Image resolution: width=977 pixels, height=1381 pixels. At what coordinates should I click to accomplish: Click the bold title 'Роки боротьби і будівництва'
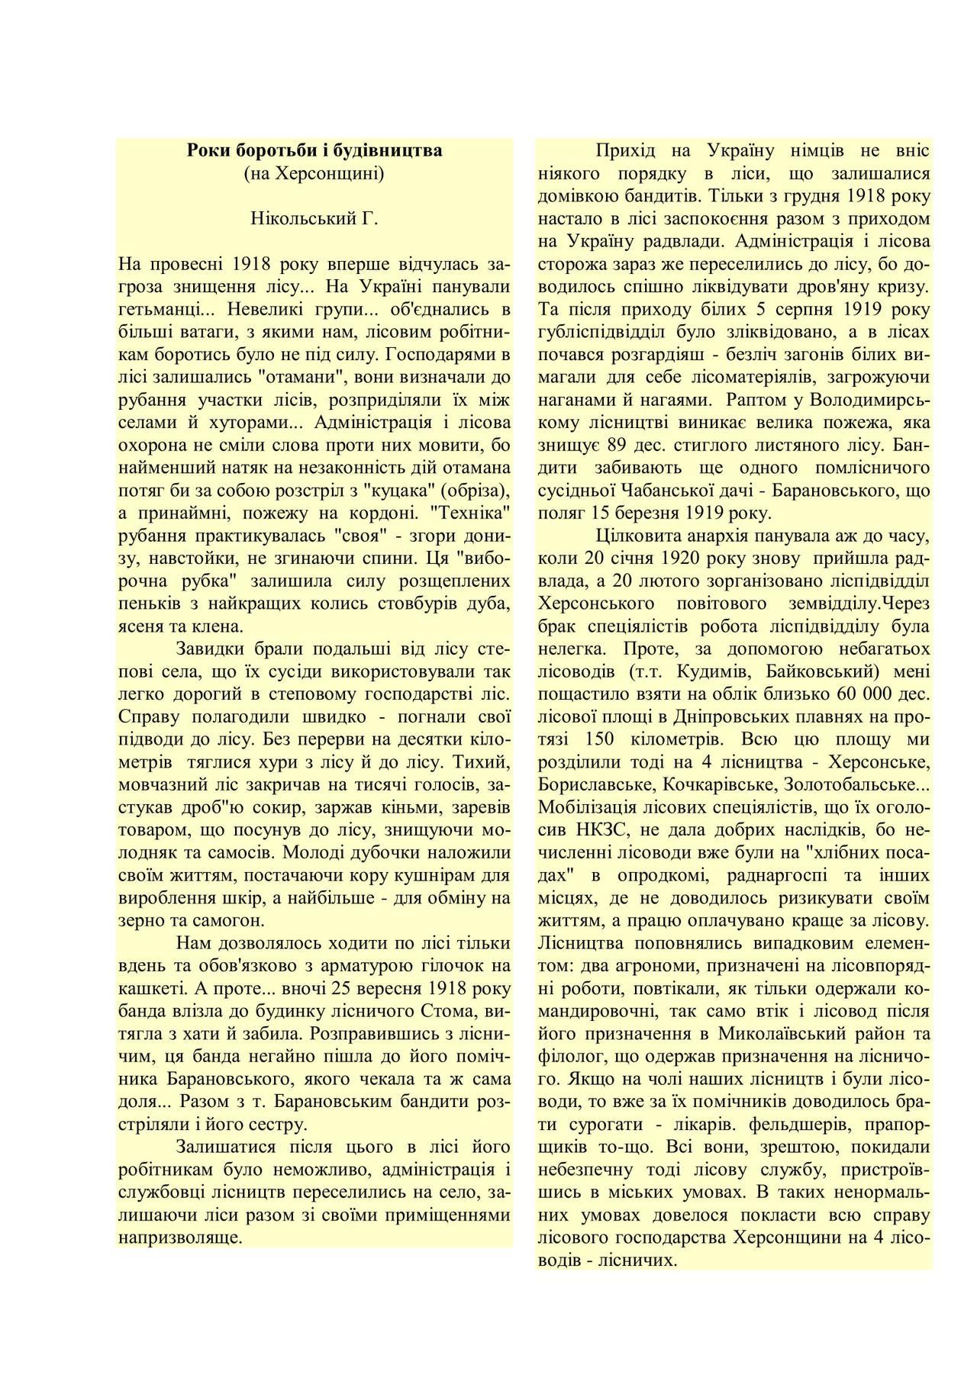click(x=314, y=150)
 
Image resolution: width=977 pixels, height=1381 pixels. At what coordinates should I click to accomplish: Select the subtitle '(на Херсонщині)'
click(x=314, y=173)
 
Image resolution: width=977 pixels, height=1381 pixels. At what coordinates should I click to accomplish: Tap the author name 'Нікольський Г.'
click(x=314, y=219)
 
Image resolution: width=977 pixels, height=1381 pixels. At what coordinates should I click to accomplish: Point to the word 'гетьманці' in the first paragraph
click(x=156, y=310)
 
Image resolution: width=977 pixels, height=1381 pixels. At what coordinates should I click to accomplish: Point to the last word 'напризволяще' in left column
click(x=181, y=1237)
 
